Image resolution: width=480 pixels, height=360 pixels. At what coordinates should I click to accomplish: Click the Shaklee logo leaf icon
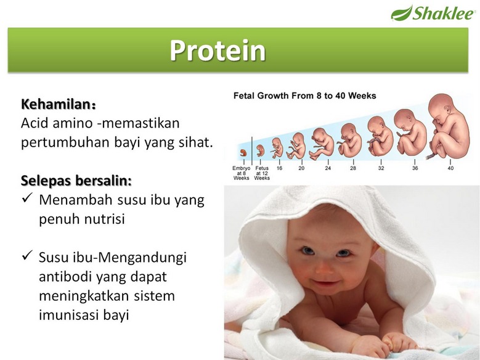pyautogui.click(x=401, y=13)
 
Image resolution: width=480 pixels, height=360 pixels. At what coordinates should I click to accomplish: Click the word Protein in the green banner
pyautogui.click(x=218, y=51)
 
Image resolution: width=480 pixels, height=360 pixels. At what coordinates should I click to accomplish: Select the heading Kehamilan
pyautogui.click(x=59, y=104)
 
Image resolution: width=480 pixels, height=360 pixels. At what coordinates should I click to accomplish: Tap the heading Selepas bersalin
pyautogui.click(x=76, y=181)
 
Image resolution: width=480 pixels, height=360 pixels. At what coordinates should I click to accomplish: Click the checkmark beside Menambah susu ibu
pyautogui.click(x=27, y=198)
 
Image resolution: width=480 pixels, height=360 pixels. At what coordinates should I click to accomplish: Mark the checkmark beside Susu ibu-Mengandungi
pyautogui.click(x=27, y=255)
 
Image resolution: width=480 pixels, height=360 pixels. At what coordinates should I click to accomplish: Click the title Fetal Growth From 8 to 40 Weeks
pyautogui.click(x=304, y=96)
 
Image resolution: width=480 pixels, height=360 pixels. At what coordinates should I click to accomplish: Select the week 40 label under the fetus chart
pyautogui.click(x=450, y=168)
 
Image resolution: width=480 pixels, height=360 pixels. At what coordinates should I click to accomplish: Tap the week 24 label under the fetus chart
pyautogui.click(x=328, y=168)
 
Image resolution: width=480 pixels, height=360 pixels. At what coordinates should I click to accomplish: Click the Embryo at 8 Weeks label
pyautogui.click(x=241, y=173)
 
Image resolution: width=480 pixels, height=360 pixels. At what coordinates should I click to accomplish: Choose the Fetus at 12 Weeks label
pyautogui.click(x=262, y=173)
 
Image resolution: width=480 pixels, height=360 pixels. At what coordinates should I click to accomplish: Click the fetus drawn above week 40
pyautogui.click(x=447, y=126)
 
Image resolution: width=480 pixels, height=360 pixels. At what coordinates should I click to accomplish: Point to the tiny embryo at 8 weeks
pyautogui.click(x=243, y=153)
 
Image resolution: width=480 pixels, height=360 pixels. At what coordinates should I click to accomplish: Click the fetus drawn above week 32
pyautogui.click(x=380, y=136)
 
